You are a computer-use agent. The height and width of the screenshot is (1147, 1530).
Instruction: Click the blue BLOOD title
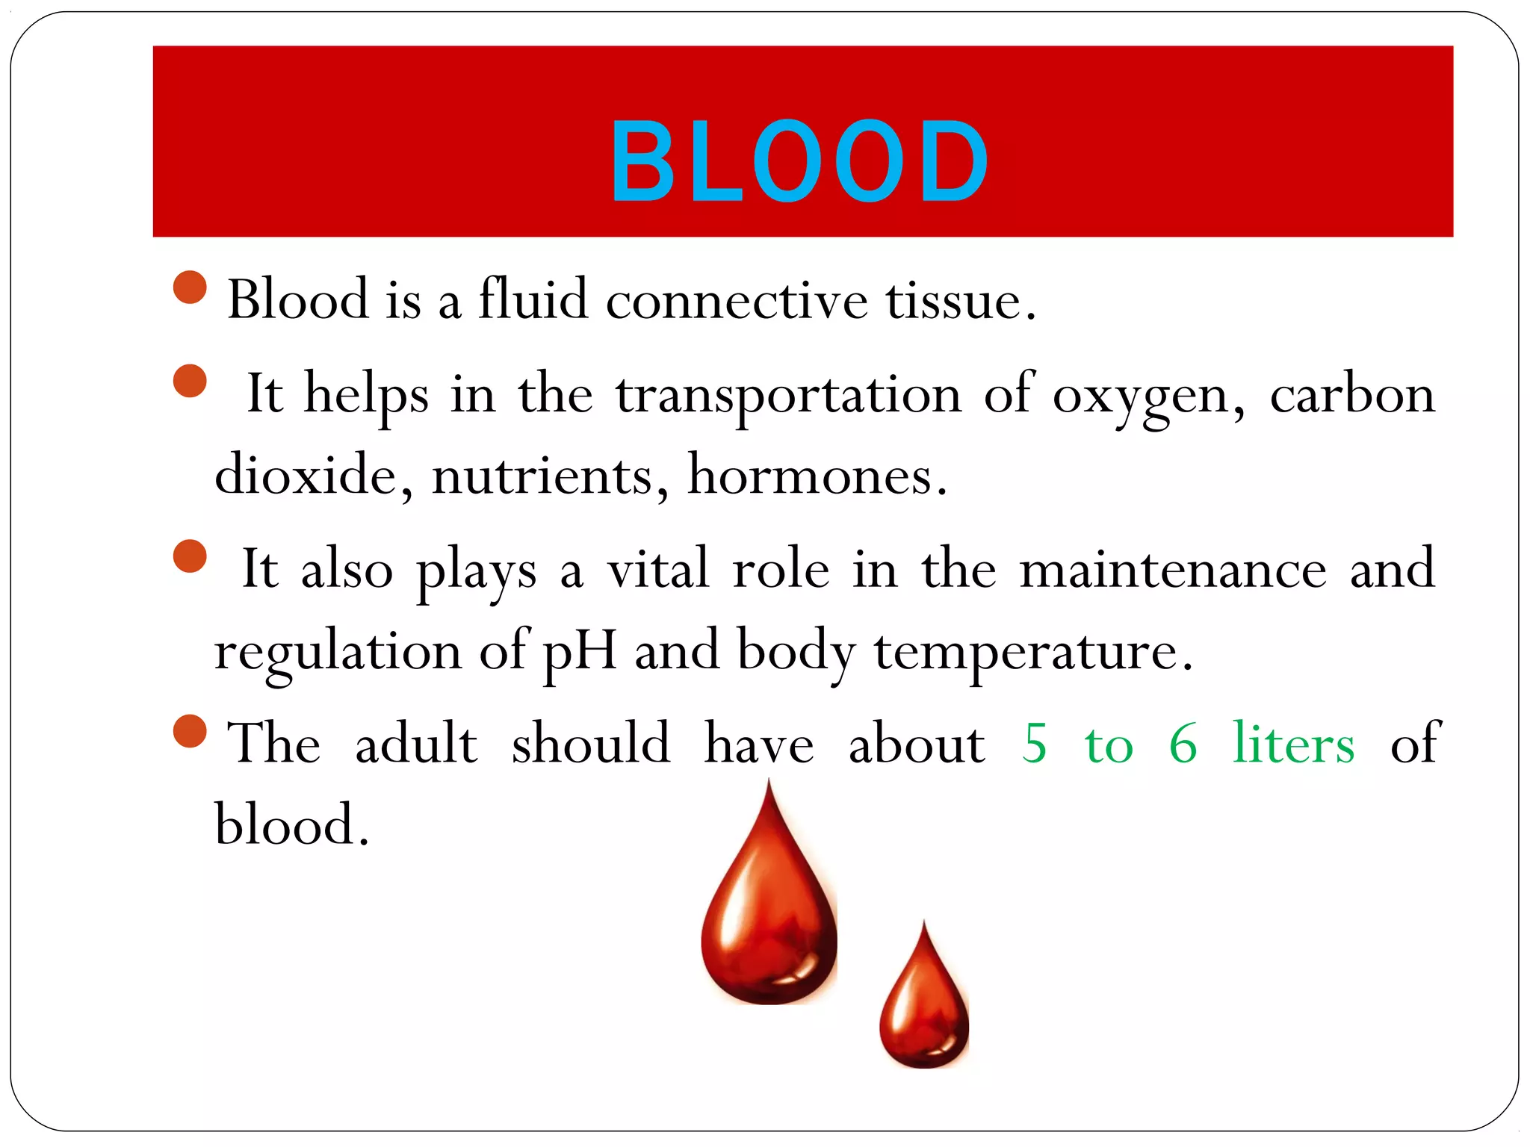click(799, 161)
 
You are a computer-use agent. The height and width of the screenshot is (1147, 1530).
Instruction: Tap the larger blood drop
click(769, 918)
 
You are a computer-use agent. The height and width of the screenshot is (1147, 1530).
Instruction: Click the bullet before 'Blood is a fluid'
click(190, 287)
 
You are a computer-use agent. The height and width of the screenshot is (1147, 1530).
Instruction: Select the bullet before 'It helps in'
click(190, 381)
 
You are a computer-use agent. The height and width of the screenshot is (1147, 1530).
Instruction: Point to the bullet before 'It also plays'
click(190, 556)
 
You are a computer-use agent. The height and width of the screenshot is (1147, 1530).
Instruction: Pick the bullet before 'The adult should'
click(190, 731)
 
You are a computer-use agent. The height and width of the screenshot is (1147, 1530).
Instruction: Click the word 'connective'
click(737, 301)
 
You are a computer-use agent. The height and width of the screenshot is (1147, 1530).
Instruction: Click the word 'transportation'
click(788, 396)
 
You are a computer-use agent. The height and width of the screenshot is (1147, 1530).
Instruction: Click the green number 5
click(1035, 745)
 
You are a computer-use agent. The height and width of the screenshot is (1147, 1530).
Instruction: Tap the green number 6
click(1183, 745)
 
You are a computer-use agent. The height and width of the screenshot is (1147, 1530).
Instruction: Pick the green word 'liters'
click(1293, 745)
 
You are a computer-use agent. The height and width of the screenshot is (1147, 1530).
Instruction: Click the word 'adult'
click(416, 745)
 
